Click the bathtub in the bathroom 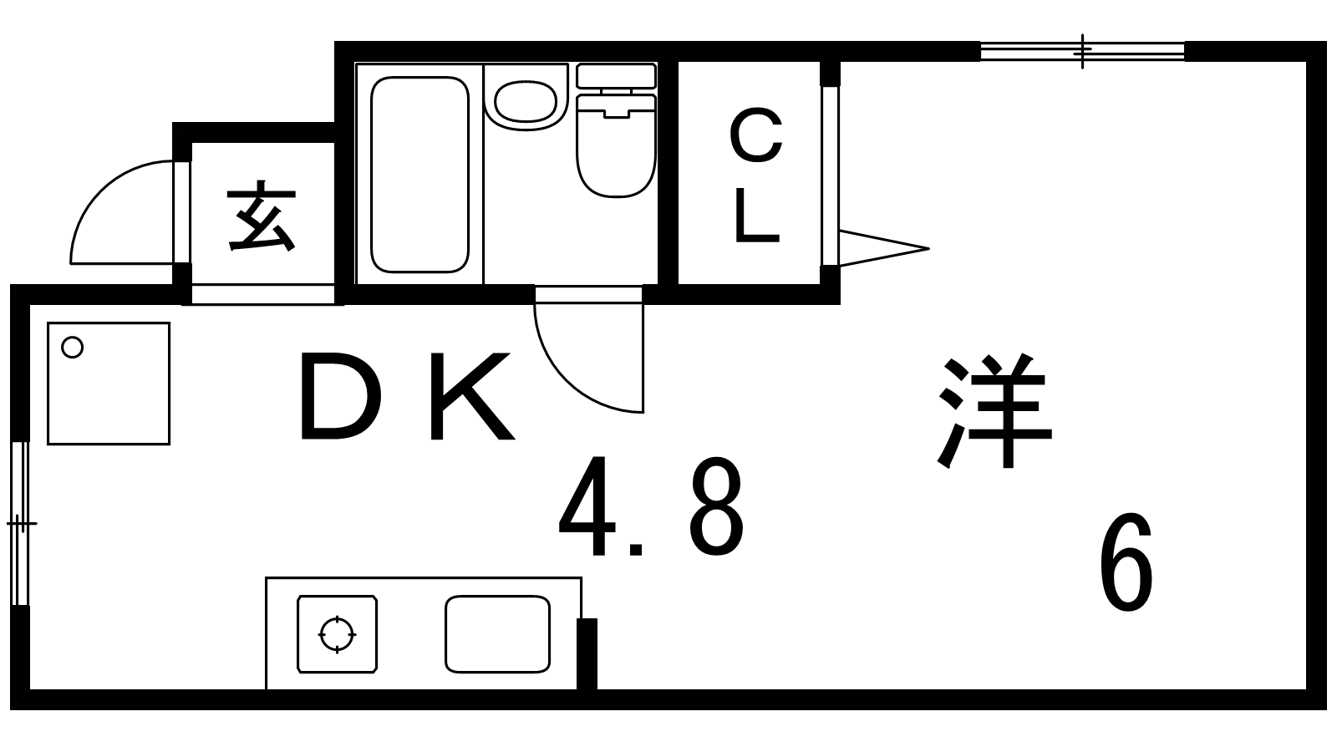pyautogui.click(x=419, y=175)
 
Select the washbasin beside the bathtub pyautogui.click(x=525, y=102)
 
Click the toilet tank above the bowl pyautogui.click(x=617, y=76)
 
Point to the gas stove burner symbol pyautogui.click(x=337, y=634)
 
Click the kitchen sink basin pyautogui.click(x=497, y=633)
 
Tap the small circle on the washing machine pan pyautogui.click(x=73, y=347)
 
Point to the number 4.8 pyautogui.click(x=650, y=507)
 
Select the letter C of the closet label pyautogui.click(x=755, y=136)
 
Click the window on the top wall pyautogui.click(x=1082, y=51)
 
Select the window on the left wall pyautogui.click(x=20, y=524)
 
